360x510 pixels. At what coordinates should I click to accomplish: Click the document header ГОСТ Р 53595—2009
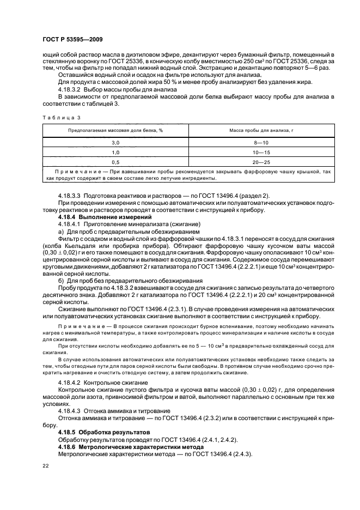click(x=72, y=40)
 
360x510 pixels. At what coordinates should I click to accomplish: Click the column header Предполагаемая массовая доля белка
click(x=115, y=131)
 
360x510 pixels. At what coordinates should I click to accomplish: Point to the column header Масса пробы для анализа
click(x=261, y=131)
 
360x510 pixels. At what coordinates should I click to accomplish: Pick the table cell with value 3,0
click(x=115, y=142)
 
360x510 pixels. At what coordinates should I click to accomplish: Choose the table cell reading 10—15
click(x=261, y=152)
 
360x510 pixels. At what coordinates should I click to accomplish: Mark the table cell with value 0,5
click(x=115, y=162)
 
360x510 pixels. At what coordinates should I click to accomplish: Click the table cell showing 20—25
click(x=261, y=162)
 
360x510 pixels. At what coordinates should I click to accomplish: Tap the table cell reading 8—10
click(x=261, y=142)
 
